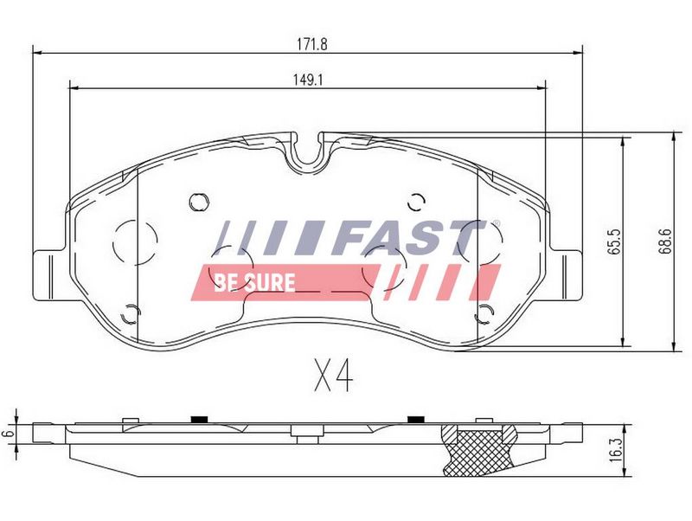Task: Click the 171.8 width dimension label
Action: point(312,45)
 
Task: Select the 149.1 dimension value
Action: point(309,80)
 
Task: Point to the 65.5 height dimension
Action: point(614,241)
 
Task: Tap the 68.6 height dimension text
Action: point(665,241)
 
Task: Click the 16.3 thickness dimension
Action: point(619,450)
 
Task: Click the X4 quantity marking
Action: point(334,375)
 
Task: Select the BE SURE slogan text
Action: point(254,283)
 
